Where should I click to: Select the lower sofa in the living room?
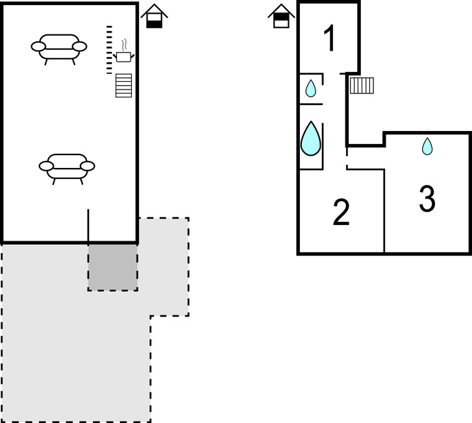pyautogui.click(x=67, y=165)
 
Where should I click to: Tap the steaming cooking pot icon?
pyautogui.click(x=124, y=57)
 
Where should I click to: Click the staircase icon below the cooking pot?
pyautogui.click(x=124, y=86)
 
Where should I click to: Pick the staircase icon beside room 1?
pyautogui.click(x=362, y=85)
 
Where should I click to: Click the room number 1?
pyautogui.click(x=330, y=38)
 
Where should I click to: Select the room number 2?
pyautogui.click(x=342, y=213)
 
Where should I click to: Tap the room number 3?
pyautogui.click(x=427, y=199)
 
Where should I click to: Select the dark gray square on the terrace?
pyautogui.click(x=113, y=267)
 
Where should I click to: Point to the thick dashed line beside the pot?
pyautogui.click(x=109, y=50)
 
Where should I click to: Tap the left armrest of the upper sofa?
pyautogui.click(x=38, y=46)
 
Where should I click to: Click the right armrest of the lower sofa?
pyautogui.click(x=88, y=166)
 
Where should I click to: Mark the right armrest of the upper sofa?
pyautogui.click(x=80, y=46)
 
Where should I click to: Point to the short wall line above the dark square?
pyautogui.click(x=88, y=225)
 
